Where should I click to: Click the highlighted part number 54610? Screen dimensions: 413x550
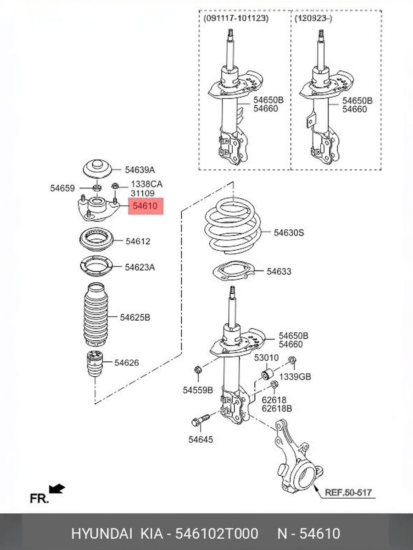click(x=145, y=206)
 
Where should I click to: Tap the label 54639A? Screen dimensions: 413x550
click(x=140, y=170)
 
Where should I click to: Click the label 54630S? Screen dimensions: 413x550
click(x=289, y=233)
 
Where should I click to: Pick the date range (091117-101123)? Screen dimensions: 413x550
click(x=236, y=18)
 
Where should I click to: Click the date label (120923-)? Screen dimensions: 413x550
click(x=313, y=18)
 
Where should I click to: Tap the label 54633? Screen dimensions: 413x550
click(x=279, y=271)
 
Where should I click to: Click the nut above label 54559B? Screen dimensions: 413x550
click(x=197, y=369)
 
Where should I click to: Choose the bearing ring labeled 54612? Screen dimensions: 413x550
click(x=96, y=240)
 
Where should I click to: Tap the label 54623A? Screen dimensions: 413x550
click(x=140, y=268)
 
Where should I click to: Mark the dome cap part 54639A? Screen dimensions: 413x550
click(x=97, y=169)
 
